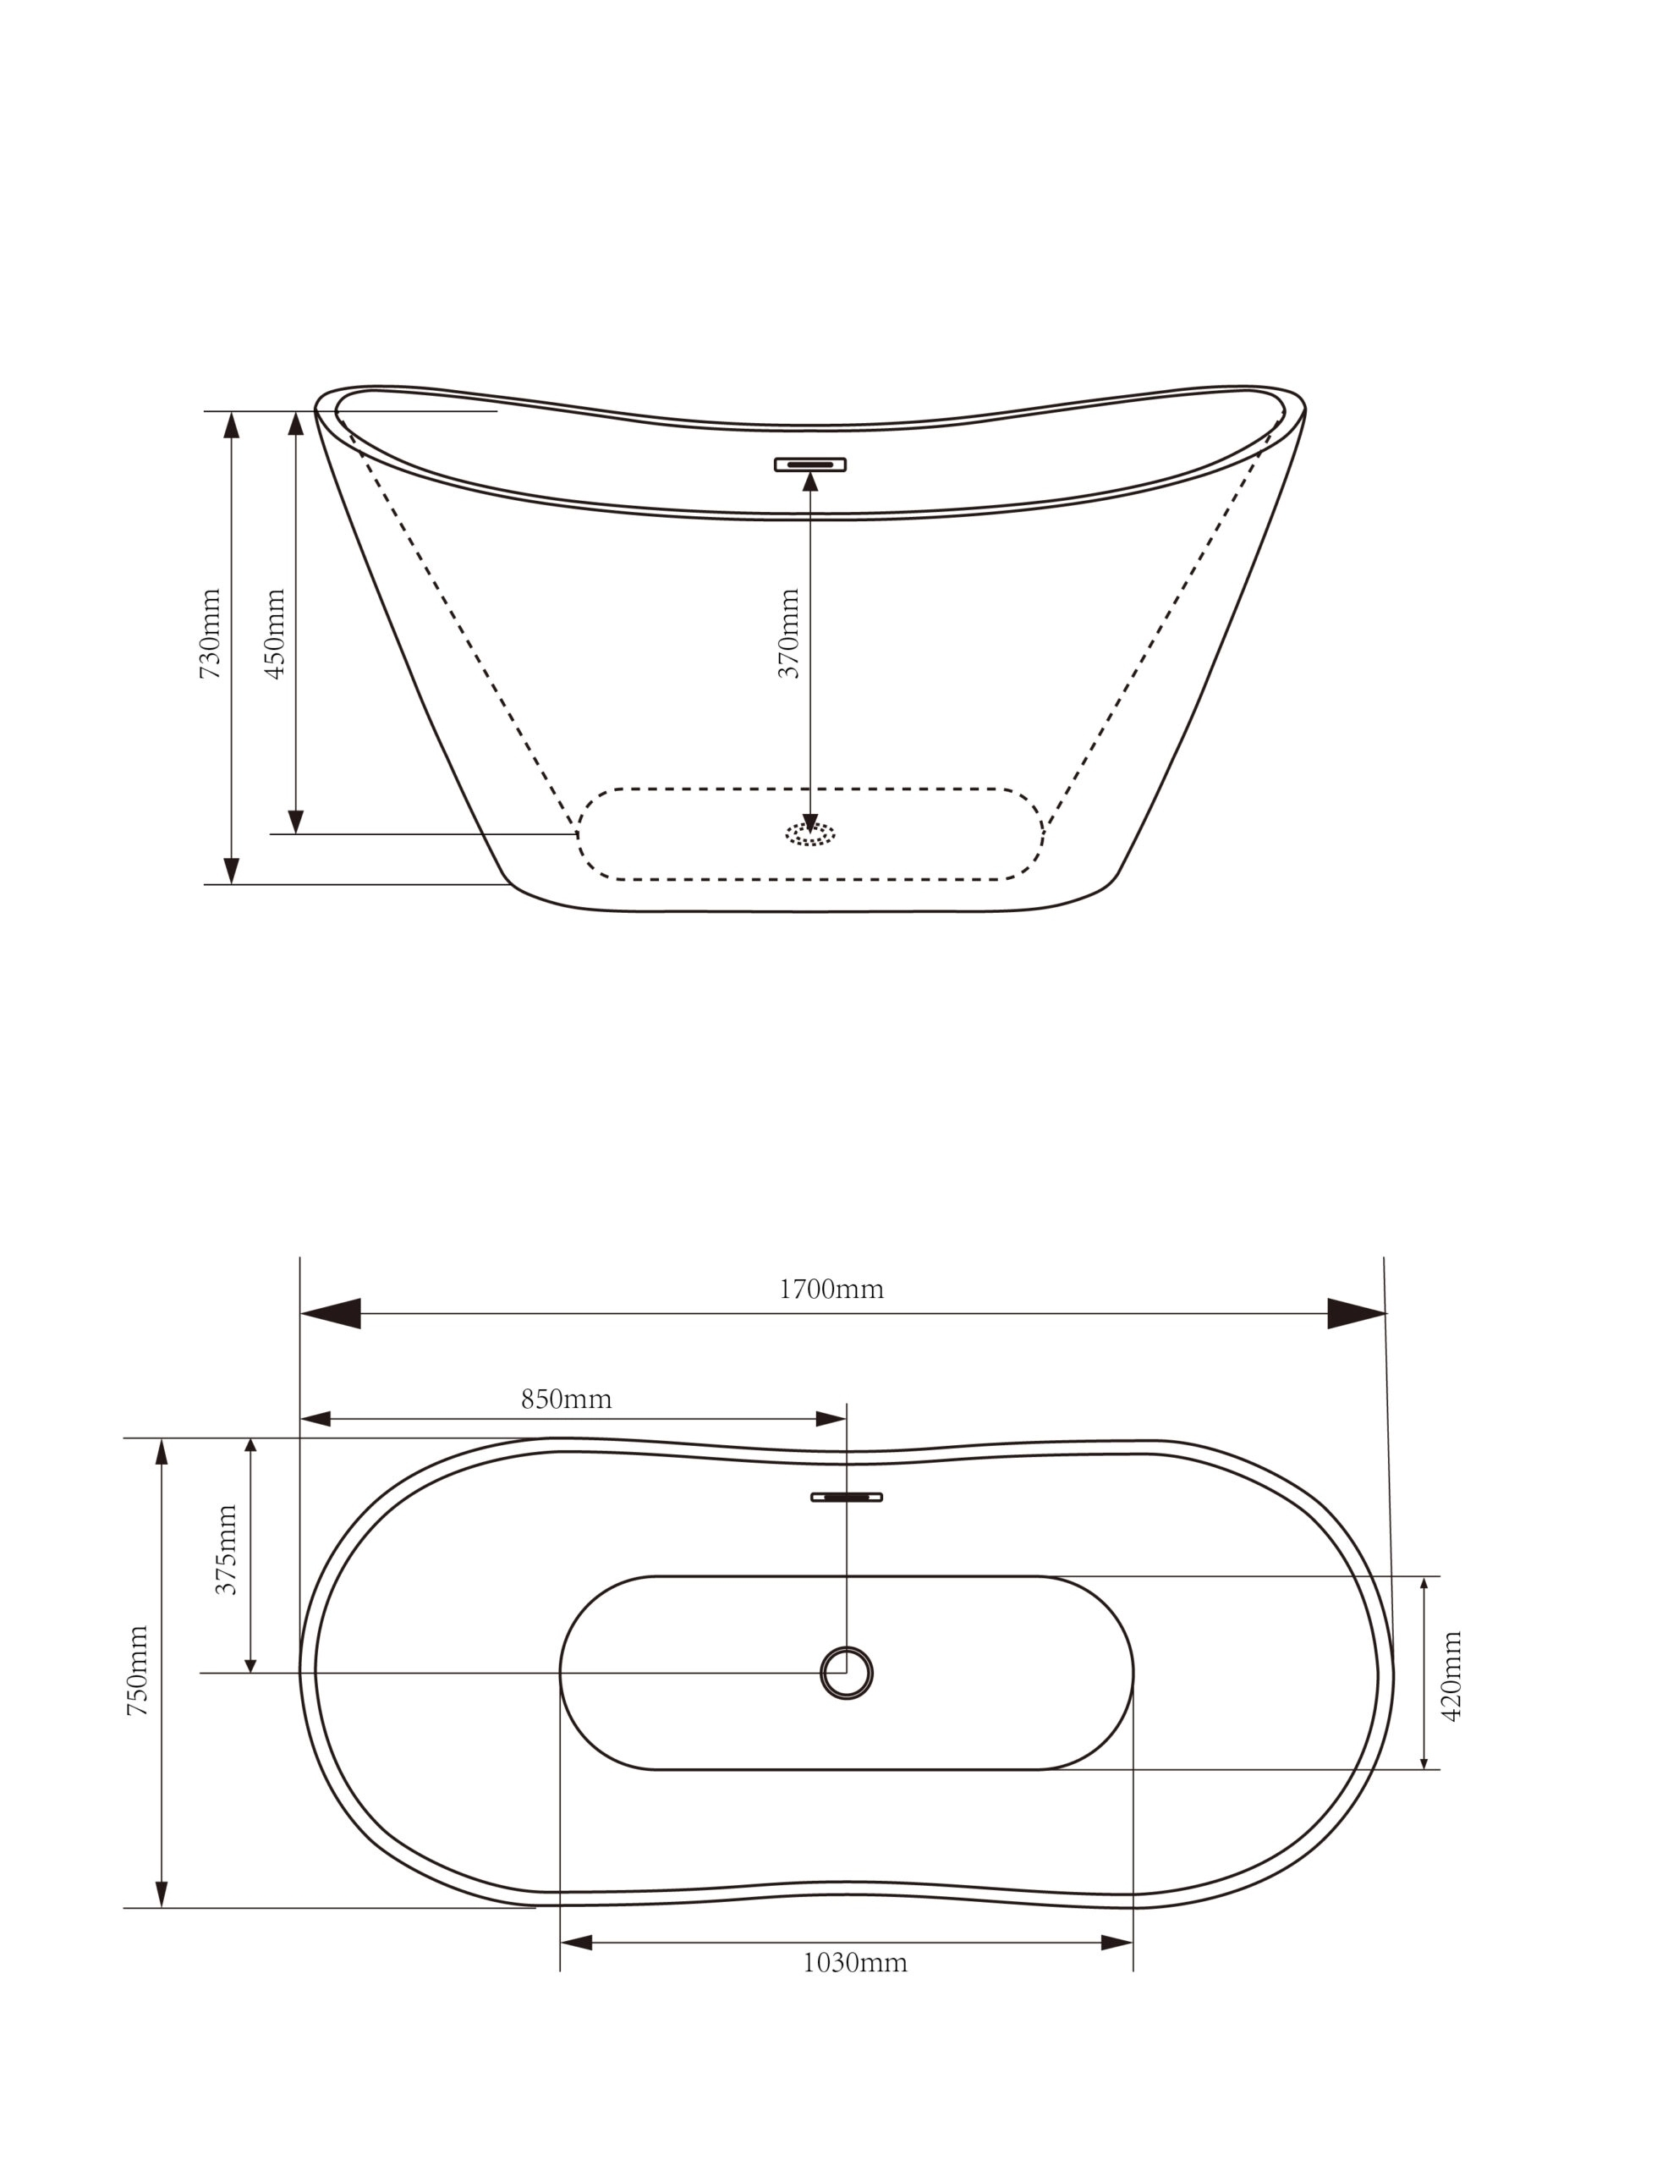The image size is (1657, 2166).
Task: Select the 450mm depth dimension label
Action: [x=275, y=633]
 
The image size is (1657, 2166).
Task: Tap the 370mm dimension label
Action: [x=789, y=633]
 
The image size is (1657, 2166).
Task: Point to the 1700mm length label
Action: [x=831, y=1289]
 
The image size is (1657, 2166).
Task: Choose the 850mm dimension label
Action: [x=566, y=1399]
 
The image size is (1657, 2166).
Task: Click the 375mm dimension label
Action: [x=227, y=1549]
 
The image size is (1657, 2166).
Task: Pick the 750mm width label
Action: [x=138, y=1671]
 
